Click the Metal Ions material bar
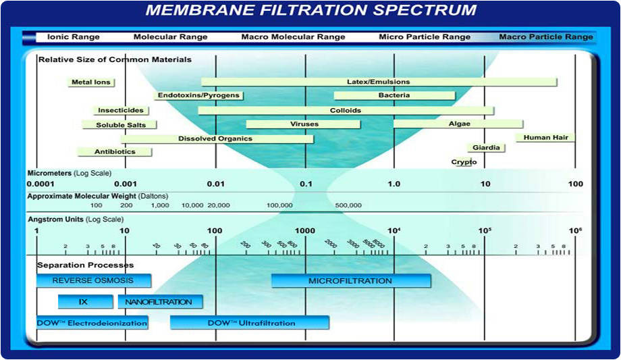pos(91,82)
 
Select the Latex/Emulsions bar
pos(379,82)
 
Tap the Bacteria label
pos(394,96)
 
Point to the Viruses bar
pos(304,124)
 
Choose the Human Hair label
pos(546,138)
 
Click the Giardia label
pos(486,148)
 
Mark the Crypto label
pos(464,162)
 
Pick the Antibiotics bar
pos(115,152)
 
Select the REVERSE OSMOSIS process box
pos(93,280)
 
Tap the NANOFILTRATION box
pos(160,302)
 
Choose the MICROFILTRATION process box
pos(350,280)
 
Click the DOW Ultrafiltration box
pos(250,323)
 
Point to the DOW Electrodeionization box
pos(92,323)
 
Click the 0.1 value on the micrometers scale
pos(306,184)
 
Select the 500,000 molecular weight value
pos(348,205)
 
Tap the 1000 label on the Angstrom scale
pos(305,231)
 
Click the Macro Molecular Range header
pos(293,37)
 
